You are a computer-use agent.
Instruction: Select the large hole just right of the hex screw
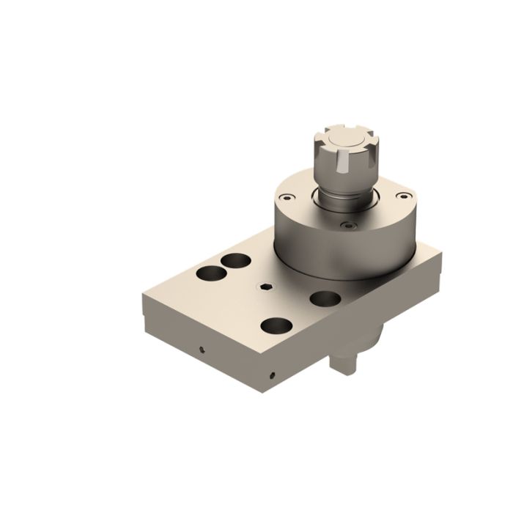323,298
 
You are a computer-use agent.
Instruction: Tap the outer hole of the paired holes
210,274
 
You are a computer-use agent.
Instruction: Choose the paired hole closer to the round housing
236,259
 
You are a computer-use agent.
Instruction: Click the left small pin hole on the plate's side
202,349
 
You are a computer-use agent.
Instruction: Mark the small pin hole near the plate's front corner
271,375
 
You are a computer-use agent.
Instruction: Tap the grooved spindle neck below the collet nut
344,195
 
